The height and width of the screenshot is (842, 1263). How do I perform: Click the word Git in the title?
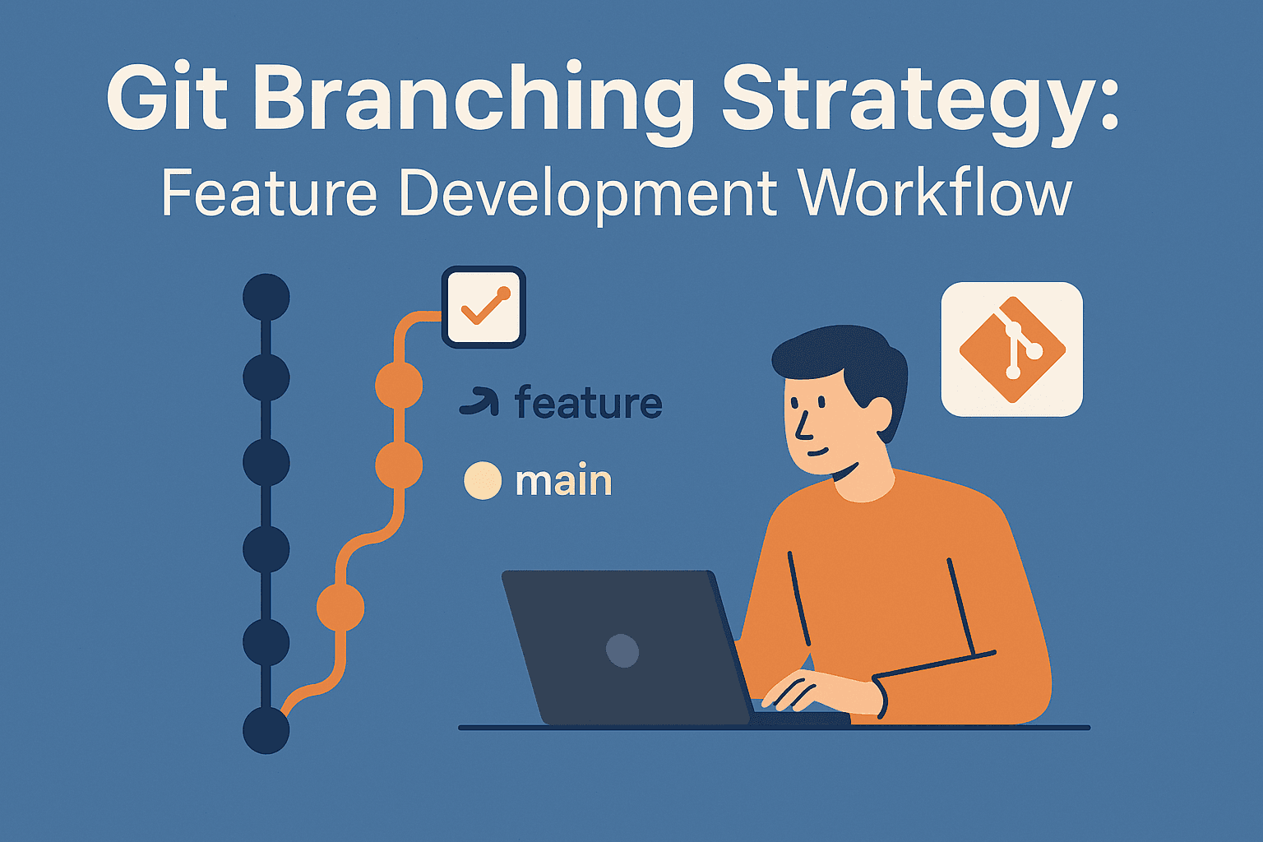167,97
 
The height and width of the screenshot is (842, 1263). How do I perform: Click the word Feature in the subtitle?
269,193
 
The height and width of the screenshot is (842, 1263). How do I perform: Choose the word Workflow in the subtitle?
936,192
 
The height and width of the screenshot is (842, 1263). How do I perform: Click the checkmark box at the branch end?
483,308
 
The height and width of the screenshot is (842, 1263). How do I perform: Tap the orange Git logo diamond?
1012,349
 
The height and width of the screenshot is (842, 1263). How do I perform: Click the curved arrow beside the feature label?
479,401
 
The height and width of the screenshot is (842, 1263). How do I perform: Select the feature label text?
588,402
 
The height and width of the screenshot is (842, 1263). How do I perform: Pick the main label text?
564,480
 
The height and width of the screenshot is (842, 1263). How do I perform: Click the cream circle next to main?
483,480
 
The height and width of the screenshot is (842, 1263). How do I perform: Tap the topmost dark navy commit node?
266,297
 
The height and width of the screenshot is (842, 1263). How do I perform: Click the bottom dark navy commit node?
266,730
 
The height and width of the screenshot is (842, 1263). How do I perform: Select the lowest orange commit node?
340,608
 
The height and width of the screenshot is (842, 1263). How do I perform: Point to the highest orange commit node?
399,386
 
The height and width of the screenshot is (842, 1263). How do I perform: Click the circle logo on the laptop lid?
622,650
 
